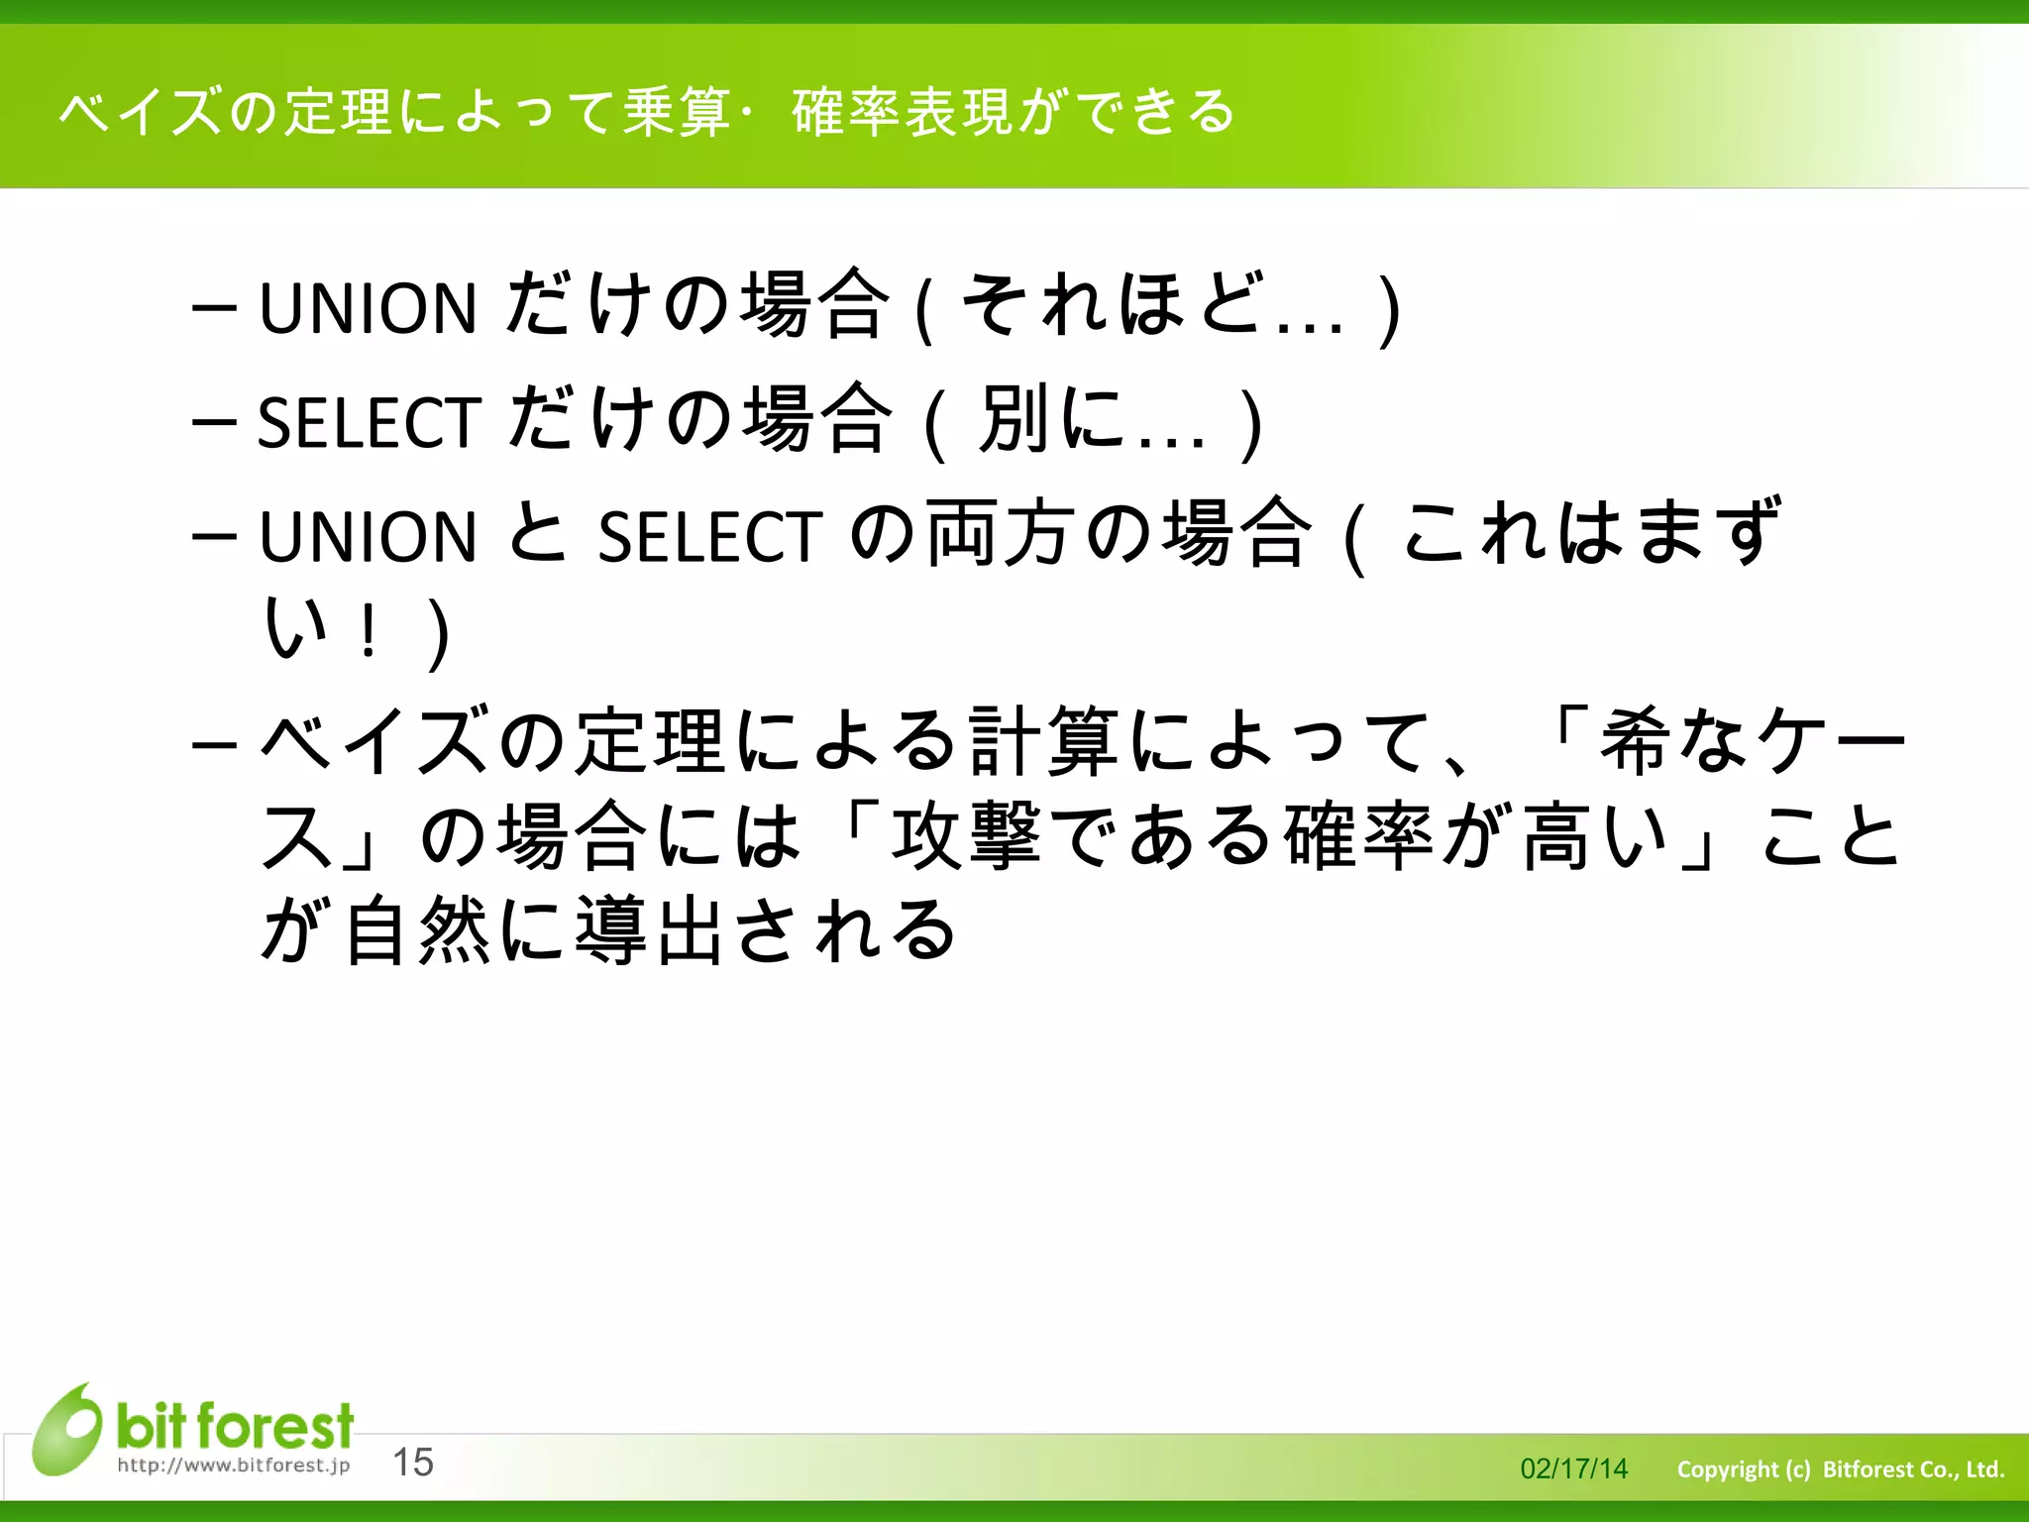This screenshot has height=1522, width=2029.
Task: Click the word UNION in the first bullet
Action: pos(368,308)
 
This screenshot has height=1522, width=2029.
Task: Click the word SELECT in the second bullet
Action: pos(370,423)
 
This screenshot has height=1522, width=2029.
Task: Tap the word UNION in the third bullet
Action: pos(368,537)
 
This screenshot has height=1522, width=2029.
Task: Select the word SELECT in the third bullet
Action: pos(709,537)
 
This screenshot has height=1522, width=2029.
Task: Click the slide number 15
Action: pos(413,1462)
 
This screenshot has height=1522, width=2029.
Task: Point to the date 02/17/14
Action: pos(1573,1468)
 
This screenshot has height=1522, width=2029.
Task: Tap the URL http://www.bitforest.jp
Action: pos(234,1465)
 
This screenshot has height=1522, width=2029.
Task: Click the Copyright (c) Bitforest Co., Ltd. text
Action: pos(1840,1468)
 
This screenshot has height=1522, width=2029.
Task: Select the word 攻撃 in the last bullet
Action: pos(966,835)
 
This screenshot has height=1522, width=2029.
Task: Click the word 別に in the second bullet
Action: pos(1052,419)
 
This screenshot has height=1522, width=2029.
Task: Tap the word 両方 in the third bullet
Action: pos(1002,534)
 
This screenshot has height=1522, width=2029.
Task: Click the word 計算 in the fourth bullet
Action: pos(1043,740)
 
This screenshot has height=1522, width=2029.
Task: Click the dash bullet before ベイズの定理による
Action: pos(214,743)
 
